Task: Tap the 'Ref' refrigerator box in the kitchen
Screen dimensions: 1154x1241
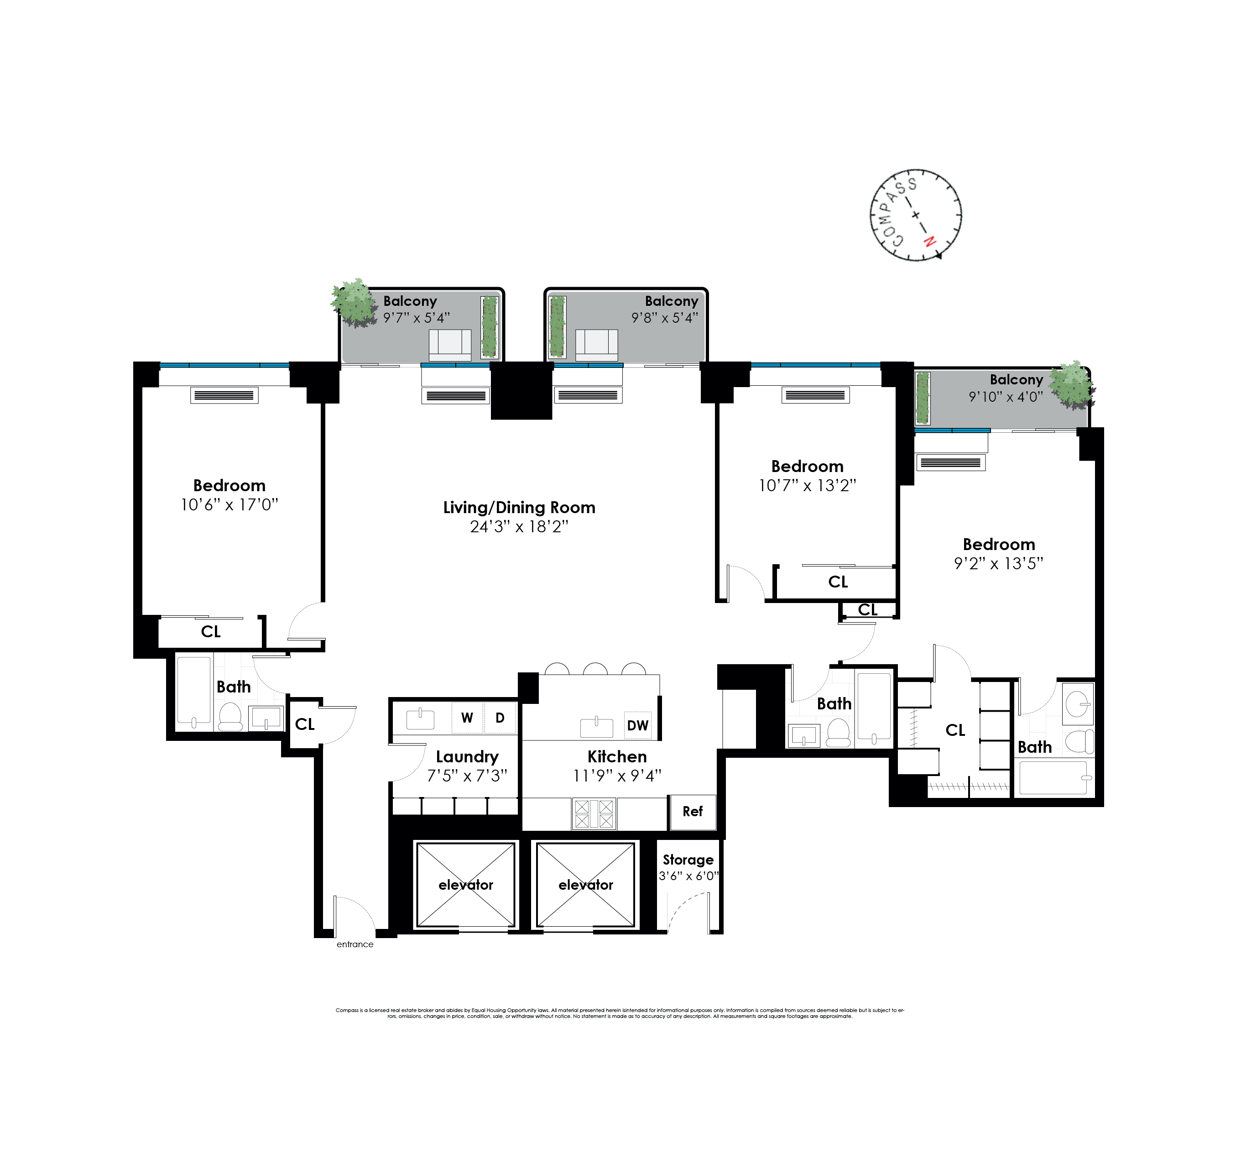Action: [692, 812]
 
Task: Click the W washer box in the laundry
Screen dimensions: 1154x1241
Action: [467, 718]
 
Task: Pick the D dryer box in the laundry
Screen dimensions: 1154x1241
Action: [500, 718]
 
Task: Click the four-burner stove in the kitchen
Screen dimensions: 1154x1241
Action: [594, 814]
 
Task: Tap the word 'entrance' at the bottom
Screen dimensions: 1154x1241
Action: [355, 944]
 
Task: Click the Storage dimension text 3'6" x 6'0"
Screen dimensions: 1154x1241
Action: [688, 876]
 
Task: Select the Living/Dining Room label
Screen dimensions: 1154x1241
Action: [519, 507]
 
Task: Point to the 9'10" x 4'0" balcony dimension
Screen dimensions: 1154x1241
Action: [1006, 397]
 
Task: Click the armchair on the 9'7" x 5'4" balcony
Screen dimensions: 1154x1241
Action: [449, 345]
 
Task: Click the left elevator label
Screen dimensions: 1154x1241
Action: [466, 885]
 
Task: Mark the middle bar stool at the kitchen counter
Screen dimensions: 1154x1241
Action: [595, 669]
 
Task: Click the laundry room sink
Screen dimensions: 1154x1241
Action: [420, 719]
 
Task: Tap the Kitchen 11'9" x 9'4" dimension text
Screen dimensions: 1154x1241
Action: [617, 776]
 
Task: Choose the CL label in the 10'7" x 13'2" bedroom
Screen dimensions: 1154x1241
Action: [838, 582]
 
